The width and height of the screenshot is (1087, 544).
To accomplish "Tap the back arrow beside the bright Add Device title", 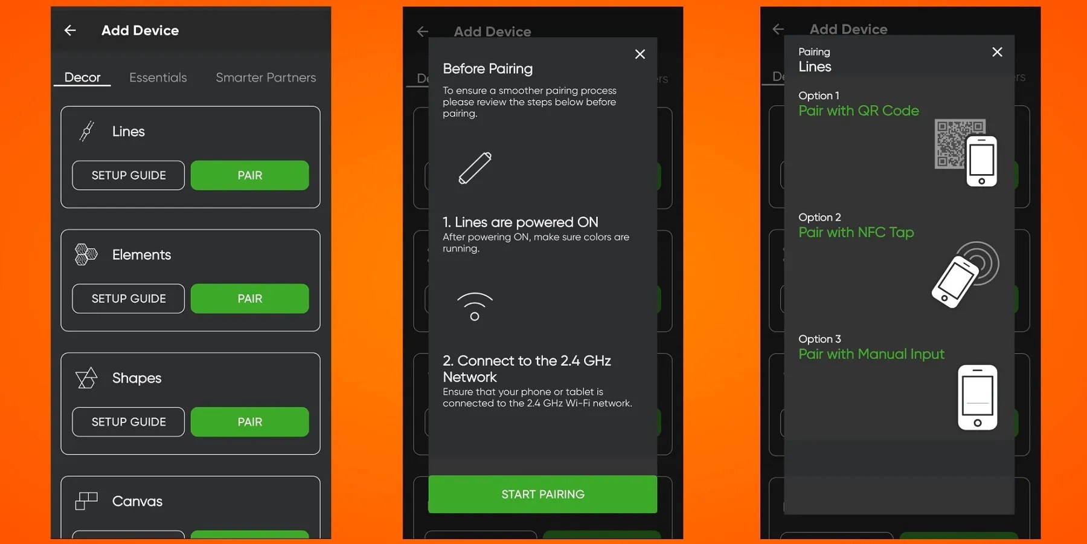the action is click(x=70, y=30).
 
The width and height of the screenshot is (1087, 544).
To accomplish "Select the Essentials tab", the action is click(x=158, y=77).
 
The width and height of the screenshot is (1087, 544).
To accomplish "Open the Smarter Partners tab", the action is click(x=266, y=77).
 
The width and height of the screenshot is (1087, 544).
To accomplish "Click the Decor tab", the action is click(x=82, y=77).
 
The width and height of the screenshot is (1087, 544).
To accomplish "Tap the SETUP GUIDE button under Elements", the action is click(x=129, y=299).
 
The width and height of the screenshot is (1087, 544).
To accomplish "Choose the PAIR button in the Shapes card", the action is click(x=249, y=422).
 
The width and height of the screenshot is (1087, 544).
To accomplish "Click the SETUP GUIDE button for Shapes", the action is click(x=129, y=422).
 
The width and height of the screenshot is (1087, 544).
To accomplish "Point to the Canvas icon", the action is click(x=86, y=501).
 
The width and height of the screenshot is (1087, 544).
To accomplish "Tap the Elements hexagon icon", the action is click(x=86, y=254).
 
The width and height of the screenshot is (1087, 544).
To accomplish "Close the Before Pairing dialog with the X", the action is click(x=640, y=54).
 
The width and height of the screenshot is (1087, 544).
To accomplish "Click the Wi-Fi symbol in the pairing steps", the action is click(x=475, y=306).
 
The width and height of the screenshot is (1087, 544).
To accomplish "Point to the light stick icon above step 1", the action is click(x=475, y=168).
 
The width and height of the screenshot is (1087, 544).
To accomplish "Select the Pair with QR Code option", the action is click(x=859, y=111).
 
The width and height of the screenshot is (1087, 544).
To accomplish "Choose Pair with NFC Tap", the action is click(x=856, y=232).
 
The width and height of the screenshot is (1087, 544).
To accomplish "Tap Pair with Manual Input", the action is click(x=871, y=354).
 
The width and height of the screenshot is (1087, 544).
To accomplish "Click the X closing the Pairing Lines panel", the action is click(x=997, y=52).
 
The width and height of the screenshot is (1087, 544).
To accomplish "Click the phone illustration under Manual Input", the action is click(x=978, y=398).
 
